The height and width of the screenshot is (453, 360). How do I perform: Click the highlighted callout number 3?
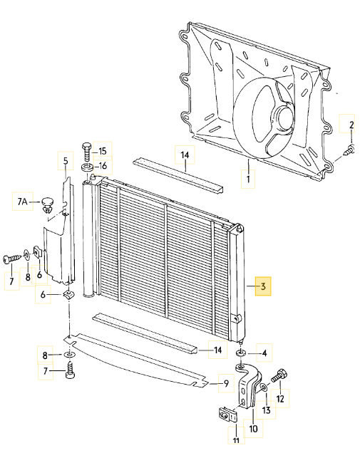263,286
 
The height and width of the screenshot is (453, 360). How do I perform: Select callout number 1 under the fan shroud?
248,179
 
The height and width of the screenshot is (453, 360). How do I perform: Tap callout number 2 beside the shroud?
351,125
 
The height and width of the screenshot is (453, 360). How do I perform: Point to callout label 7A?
22,202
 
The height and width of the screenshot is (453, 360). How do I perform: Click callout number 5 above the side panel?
66,161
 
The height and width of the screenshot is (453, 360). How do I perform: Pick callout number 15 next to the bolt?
103,151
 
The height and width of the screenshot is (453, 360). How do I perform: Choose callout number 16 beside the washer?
103,165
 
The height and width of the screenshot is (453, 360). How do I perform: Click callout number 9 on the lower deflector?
226,383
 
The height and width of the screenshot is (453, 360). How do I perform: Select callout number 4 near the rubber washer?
264,353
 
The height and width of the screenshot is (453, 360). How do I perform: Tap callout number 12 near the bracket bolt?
280,399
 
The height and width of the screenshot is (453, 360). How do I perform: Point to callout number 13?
266,410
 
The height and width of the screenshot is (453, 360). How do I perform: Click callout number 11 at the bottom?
236,440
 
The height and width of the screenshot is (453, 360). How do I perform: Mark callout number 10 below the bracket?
253,429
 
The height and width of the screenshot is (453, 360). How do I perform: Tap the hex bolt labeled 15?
87,152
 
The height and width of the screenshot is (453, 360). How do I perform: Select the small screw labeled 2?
349,150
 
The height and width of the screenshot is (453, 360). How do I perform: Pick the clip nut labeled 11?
227,415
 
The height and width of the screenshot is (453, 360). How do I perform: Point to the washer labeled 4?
240,353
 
